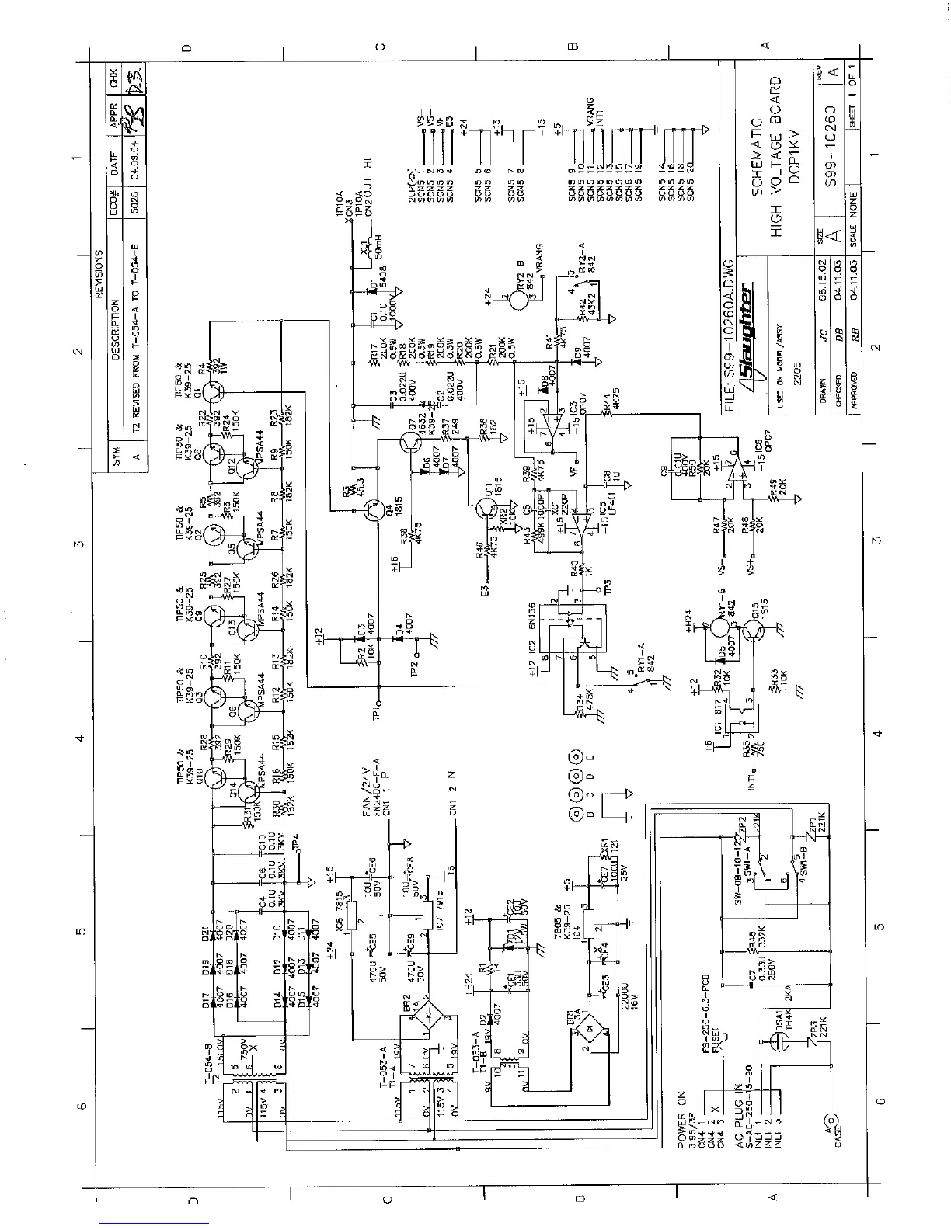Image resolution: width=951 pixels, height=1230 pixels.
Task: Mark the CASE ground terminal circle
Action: (x=832, y=1121)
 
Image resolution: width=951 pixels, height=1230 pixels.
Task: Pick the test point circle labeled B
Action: (x=576, y=815)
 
